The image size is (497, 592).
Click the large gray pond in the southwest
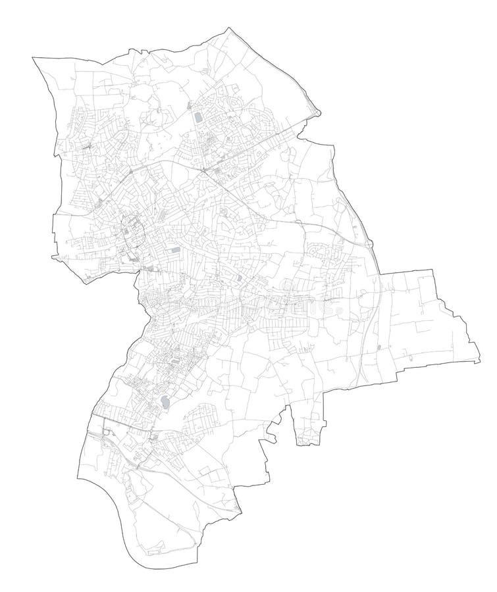pos(165,401)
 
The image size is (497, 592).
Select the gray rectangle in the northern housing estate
pos(198,118)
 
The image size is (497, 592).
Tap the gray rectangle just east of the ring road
pos(174,251)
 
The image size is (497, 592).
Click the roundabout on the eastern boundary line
pos(370,243)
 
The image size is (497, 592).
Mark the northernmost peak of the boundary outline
pos(229,28)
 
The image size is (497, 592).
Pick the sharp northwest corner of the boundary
pos(33,59)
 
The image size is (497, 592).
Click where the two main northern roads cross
pos(204,171)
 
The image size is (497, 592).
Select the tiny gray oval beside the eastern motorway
pos(379,347)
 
